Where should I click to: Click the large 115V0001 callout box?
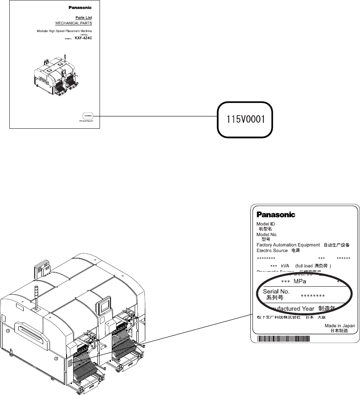click(245, 119)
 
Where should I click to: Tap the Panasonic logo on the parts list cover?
click(80, 8)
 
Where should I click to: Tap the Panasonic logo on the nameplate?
click(276, 215)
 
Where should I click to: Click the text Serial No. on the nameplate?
click(276, 292)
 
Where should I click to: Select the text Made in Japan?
click(340, 326)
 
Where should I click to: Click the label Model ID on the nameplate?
click(266, 224)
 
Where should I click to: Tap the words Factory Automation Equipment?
click(288, 245)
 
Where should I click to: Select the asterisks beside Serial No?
click(313, 296)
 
